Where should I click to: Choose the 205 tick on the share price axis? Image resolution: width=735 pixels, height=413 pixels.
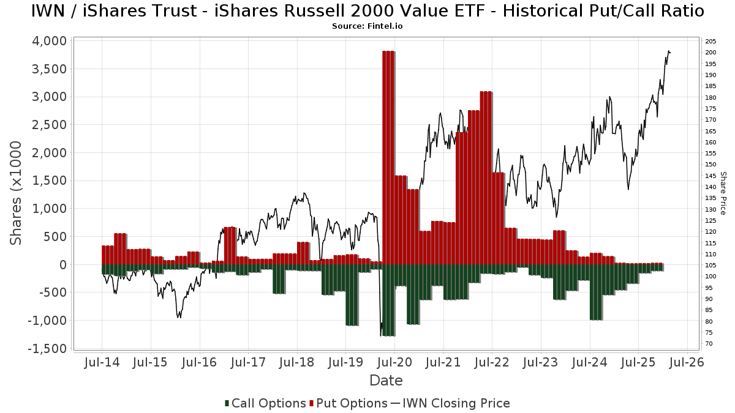point(711,41)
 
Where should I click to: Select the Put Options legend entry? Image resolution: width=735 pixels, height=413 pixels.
point(348,403)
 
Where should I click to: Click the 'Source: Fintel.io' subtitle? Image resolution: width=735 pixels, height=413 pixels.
point(367,26)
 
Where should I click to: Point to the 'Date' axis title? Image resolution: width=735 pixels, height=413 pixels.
point(386,381)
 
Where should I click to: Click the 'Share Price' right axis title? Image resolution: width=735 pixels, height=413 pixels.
point(723,193)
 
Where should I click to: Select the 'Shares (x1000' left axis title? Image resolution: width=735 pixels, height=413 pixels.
point(17,193)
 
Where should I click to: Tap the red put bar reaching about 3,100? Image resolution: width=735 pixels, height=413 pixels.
point(486,177)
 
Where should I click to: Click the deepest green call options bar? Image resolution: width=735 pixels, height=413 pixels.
point(388,300)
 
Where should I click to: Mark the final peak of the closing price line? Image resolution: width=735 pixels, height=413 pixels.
point(668,51)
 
